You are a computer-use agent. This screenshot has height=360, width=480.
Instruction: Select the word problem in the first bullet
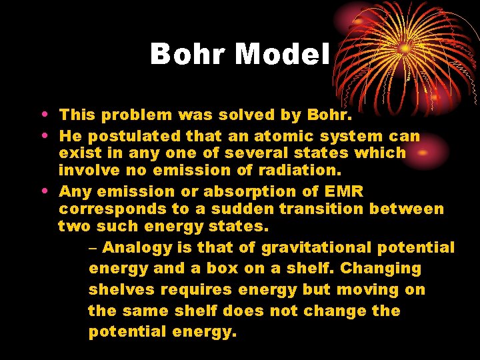pyautogui.click(x=139, y=115)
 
